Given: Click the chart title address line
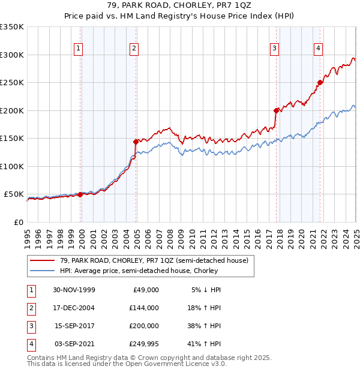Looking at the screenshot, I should coord(180,5).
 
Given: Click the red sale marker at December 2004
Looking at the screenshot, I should coord(136,142).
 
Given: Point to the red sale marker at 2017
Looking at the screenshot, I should coord(276,110).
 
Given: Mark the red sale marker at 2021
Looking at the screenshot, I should coord(320,83).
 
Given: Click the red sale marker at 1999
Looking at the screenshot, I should coord(80,194).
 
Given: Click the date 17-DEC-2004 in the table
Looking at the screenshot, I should coord(74,308).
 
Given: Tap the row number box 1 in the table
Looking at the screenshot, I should coord(31,290).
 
